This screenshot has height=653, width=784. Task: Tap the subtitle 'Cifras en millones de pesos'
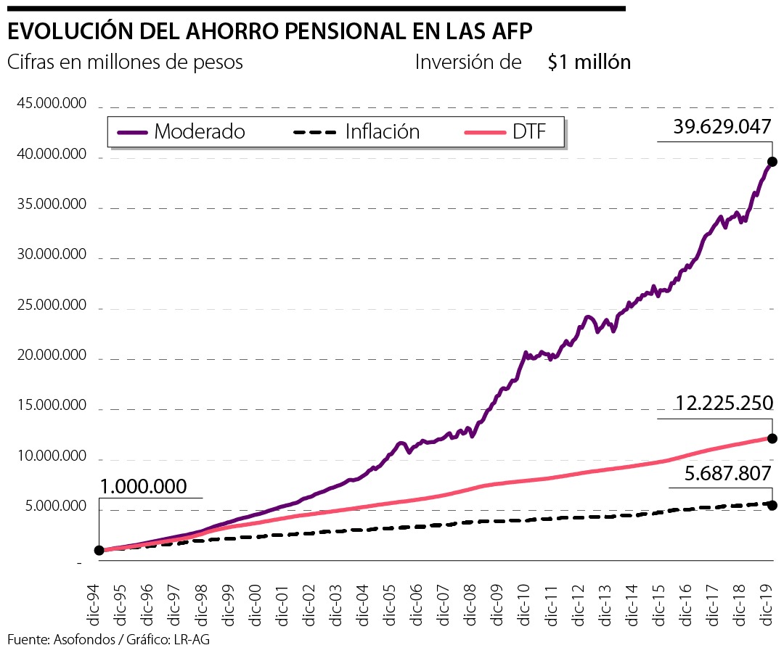pyautogui.click(x=125, y=62)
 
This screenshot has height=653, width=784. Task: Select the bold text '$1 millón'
pyautogui.click(x=589, y=62)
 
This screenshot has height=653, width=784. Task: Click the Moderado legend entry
pyautogui.click(x=181, y=132)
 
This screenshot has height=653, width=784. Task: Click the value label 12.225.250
pyautogui.click(x=722, y=403)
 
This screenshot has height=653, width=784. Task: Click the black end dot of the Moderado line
pyautogui.click(x=772, y=162)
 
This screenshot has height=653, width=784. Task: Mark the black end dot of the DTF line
pyautogui.click(x=772, y=438)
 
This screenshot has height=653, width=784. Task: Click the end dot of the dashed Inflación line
pyautogui.click(x=772, y=505)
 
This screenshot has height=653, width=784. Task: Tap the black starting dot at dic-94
pyautogui.click(x=99, y=550)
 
